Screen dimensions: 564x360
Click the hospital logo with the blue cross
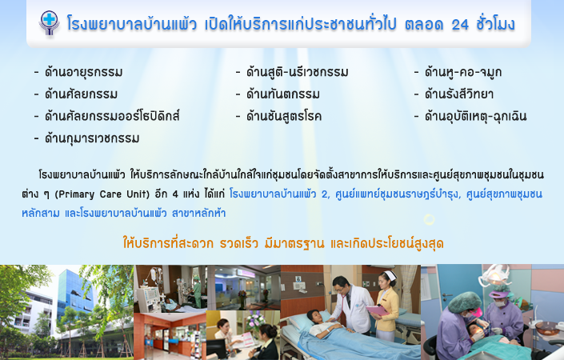pos(50,22)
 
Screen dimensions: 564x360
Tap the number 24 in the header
pos(460,25)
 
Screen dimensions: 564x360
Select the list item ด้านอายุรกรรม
pos(83,72)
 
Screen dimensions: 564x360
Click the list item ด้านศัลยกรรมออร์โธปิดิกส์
pos(112,116)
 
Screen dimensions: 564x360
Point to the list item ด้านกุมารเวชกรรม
pos(92,138)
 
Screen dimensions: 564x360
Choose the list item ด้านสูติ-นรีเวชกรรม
pos(297,72)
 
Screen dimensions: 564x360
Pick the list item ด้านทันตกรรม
pos(282,94)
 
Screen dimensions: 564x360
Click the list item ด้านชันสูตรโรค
pos(284,116)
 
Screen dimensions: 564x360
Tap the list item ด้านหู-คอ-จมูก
pos(463,72)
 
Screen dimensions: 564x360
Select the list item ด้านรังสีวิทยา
pos(459,94)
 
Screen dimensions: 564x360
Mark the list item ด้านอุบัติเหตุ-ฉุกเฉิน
pos(475,116)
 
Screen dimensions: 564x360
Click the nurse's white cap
pos(390,275)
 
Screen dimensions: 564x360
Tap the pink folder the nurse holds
pos(378,310)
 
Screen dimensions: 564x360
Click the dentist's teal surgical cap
pos(464,302)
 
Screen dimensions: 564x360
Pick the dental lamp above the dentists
pos(497,274)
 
